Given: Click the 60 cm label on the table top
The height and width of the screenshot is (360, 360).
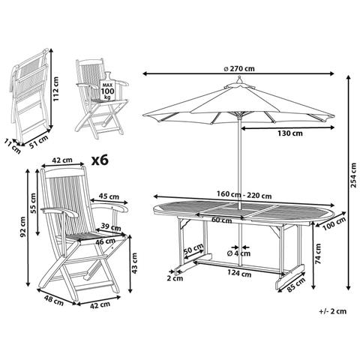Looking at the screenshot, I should (220, 220).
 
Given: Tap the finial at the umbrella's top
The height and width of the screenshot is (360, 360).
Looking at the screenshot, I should (238, 85).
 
